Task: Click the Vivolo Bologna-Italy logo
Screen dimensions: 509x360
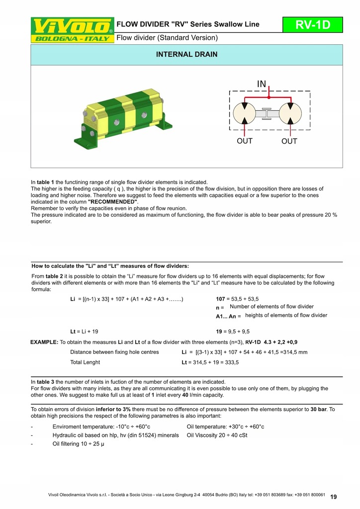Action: (73, 30)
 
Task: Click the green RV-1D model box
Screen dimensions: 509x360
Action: (313, 25)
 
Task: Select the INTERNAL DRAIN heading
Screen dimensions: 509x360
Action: (186, 54)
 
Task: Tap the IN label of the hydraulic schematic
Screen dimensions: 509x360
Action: (262, 85)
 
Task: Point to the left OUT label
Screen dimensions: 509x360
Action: (245, 141)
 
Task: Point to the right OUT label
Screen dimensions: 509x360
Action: (289, 142)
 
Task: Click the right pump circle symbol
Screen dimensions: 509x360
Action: (289, 113)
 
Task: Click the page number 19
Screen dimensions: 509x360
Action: (333, 497)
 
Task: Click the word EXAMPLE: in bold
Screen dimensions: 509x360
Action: (44, 342)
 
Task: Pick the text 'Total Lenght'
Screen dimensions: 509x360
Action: (85, 362)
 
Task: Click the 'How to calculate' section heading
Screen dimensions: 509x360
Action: (110, 265)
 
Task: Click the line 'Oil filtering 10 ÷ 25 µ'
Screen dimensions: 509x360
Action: (78, 444)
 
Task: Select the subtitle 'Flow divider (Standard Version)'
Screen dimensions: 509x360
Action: (167, 37)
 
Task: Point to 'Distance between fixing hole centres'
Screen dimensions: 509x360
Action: (114, 352)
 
